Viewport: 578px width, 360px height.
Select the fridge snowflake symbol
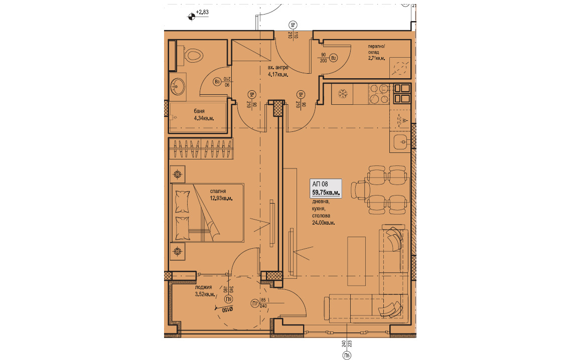tap(343, 94)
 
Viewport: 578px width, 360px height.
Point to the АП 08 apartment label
tap(320, 184)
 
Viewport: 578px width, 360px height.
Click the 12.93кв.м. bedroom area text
tap(221, 198)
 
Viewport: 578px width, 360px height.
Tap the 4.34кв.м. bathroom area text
tap(204, 118)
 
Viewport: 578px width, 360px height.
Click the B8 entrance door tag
tap(293, 26)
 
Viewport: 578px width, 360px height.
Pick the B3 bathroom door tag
tap(217, 82)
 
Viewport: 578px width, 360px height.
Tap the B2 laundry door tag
tap(334, 58)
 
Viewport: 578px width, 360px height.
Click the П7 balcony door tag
tap(254, 304)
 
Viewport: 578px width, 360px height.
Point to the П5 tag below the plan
tap(347, 355)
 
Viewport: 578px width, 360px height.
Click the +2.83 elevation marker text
tap(202, 12)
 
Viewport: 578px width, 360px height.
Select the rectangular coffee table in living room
tap(356, 261)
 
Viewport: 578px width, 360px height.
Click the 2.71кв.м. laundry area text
tap(376, 58)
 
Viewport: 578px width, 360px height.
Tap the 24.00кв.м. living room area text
tap(323, 223)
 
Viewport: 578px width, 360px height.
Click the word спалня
tap(218, 191)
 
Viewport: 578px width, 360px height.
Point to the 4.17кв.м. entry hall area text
tap(278, 74)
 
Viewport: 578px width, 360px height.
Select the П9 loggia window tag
tap(229, 299)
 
